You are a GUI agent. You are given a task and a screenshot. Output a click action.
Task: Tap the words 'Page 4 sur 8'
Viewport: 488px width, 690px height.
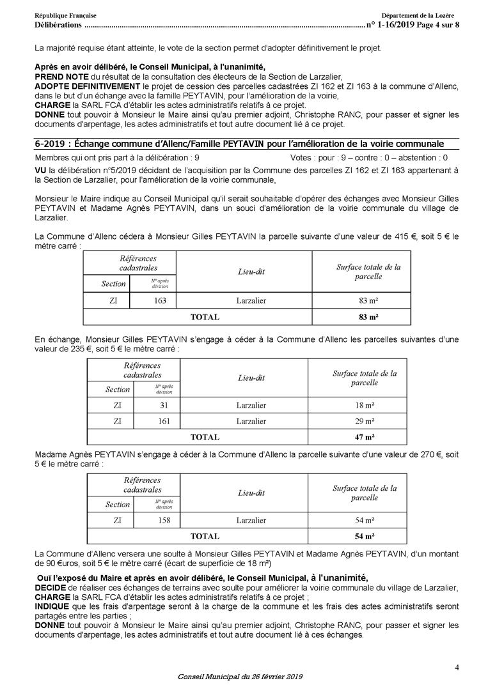pos(437,25)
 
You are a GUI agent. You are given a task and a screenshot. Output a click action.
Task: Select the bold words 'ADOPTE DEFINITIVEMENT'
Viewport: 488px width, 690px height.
pos(86,86)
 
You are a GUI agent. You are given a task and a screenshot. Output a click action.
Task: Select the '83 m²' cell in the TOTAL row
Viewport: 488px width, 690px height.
pos(368,316)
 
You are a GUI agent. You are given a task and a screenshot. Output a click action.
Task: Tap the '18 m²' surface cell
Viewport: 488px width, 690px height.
pos(364,404)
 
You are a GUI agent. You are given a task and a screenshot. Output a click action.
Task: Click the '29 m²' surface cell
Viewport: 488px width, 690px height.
pos(364,421)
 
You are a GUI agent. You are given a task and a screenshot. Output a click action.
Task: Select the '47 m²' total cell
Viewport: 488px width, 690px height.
pos(364,437)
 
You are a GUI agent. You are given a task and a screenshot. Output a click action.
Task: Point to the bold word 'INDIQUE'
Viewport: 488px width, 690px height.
pos(52,606)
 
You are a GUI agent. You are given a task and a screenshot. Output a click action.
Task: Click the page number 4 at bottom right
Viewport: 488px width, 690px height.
pos(457,668)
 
